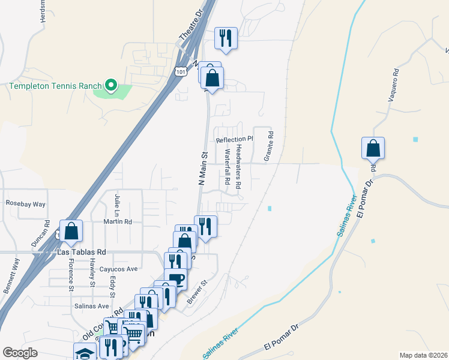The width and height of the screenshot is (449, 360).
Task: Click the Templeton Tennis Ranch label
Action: (55, 86)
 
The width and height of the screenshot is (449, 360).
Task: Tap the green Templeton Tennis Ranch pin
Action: (111, 86)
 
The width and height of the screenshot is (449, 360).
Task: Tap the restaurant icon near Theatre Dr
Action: (226, 38)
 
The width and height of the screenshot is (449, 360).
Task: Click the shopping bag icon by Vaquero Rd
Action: (373, 147)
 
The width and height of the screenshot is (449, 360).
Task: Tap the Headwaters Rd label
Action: (238, 167)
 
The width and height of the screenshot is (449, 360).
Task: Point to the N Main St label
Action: (202, 168)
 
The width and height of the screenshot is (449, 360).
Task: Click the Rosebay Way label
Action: (26, 204)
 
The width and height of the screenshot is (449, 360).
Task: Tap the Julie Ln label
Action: (117, 205)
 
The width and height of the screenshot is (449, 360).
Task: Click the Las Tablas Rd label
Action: (81, 253)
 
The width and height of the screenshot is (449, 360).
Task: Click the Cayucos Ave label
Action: (119, 269)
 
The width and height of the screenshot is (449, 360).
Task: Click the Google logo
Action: (20, 353)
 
